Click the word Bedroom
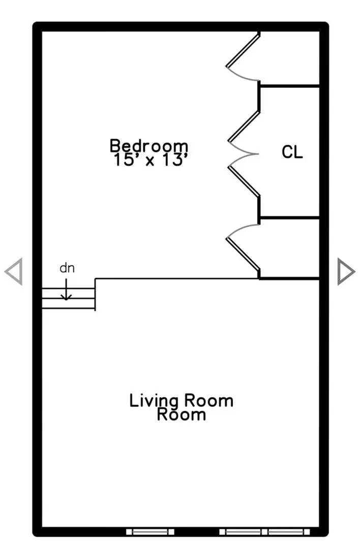[x=149, y=146]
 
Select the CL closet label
[x=292, y=152]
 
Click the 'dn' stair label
[x=67, y=268]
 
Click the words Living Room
[x=182, y=401]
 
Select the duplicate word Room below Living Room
[x=182, y=414]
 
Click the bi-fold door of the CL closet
[x=243, y=152]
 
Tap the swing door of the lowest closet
[x=243, y=249]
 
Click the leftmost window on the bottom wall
[x=150, y=532]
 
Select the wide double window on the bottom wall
[x=264, y=532]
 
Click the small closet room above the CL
[x=290, y=58]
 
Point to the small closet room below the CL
[x=290, y=248]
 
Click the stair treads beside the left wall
[x=68, y=299]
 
